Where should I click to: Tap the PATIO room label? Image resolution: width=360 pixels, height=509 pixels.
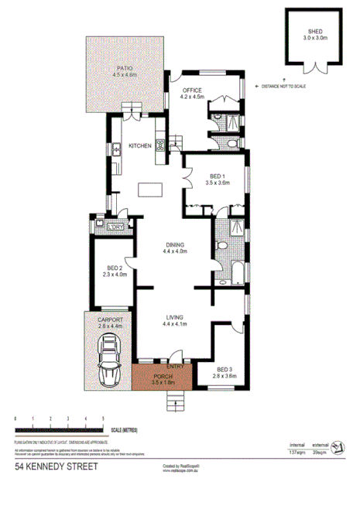pos(125,68)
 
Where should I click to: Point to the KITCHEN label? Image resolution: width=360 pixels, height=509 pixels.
pos(139,145)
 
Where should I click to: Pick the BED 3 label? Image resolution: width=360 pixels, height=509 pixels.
pos(227,369)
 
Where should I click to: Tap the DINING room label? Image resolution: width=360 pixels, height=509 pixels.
pos(177,246)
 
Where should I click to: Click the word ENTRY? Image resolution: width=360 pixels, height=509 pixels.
pos(176,367)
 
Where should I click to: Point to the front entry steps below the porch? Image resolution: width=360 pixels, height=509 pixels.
pos(176,400)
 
